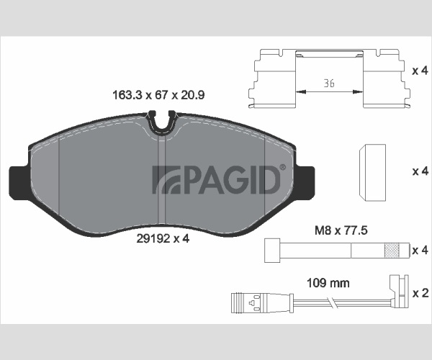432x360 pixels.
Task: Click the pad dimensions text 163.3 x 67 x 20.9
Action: pyautogui.click(x=158, y=95)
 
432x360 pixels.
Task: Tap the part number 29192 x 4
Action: pyautogui.click(x=163, y=238)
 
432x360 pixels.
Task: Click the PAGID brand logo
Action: pyautogui.click(x=216, y=179)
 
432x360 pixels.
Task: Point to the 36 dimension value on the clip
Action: pyautogui.click(x=329, y=83)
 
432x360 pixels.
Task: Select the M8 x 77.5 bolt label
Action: pyautogui.click(x=341, y=230)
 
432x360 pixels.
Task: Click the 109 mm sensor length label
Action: pyautogui.click(x=328, y=283)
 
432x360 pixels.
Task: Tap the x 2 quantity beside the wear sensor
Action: pyautogui.click(x=420, y=293)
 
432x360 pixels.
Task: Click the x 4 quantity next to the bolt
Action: pyautogui.click(x=420, y=251)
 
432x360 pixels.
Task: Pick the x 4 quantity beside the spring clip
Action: pyautogui.click(x=420, y=71)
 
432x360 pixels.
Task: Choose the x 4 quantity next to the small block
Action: pyautogui.click(x=420, y=171)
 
